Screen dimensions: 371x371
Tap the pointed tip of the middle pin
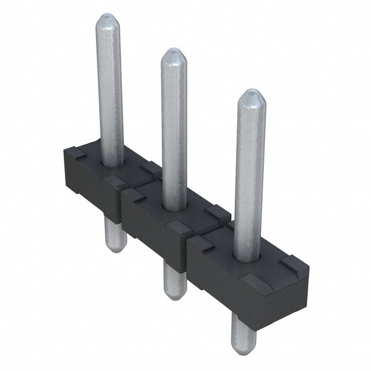point(173,54)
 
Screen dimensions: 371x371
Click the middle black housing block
point(157,223)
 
